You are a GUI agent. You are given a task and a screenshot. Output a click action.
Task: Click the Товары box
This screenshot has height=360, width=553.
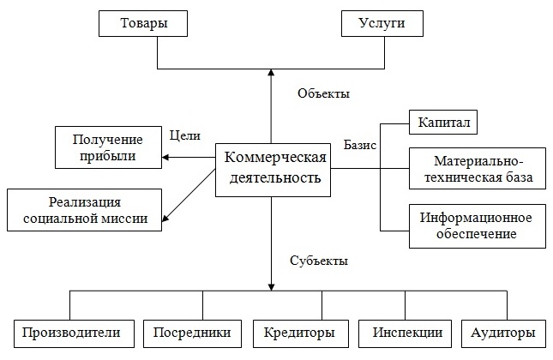142,24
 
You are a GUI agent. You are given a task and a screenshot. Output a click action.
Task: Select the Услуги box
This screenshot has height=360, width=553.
383,24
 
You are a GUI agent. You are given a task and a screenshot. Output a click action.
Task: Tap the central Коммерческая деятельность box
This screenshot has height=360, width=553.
273,168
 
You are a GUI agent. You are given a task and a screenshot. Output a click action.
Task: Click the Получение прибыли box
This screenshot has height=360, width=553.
108,147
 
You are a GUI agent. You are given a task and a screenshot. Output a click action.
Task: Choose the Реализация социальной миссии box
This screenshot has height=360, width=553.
84,210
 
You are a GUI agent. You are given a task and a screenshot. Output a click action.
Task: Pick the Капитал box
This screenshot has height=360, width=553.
442,123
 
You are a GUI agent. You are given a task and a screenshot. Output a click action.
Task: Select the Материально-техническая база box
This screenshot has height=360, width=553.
478,170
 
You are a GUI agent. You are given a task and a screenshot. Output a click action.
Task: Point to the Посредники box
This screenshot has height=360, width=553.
186,333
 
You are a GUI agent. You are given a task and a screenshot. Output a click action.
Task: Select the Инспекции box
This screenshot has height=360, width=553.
400,333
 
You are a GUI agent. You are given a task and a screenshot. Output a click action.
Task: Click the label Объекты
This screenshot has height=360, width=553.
323,93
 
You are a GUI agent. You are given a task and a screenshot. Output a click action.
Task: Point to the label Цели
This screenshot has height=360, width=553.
184,135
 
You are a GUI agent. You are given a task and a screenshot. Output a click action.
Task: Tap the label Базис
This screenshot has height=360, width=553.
359,145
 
